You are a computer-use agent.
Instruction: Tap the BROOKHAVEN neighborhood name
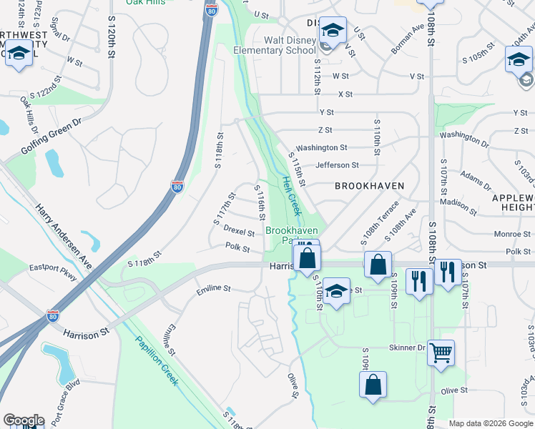point(370,186)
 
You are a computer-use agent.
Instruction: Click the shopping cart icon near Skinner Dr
point(441,352)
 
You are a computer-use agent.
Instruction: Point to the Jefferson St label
point(337,165)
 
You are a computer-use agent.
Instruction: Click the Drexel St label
point(239,232)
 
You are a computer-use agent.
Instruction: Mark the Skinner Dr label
point(407,347)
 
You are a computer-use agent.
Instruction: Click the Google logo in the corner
point(24,420)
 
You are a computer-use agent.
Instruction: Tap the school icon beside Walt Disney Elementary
point(333,31)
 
